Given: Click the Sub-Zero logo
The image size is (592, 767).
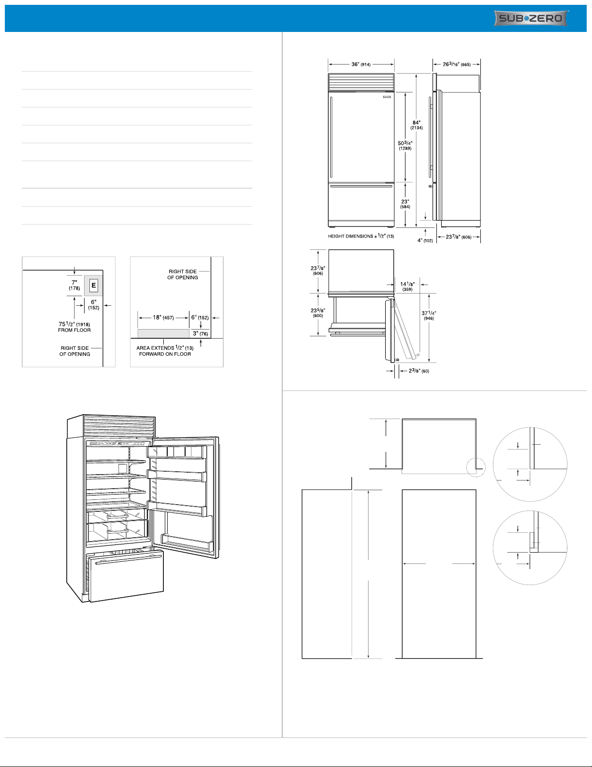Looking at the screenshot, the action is [531, 18].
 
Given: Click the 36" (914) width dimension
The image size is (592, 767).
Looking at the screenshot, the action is [361, 64].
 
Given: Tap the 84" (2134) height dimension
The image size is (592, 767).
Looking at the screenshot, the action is [417, 125].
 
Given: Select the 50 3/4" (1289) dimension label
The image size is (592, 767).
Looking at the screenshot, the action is [405, 146].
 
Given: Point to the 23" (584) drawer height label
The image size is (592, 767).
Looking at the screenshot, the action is [405, 204].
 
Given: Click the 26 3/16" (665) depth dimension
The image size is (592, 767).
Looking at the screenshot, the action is [457, 64].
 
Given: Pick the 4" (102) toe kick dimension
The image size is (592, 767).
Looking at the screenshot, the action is [425, 241].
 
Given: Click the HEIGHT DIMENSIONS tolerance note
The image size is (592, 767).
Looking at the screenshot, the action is [361, 236].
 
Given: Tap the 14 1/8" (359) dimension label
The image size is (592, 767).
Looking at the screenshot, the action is [407, 286].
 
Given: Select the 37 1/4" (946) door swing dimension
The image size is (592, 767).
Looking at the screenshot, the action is [429, 315].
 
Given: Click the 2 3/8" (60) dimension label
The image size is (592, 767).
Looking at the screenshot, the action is [419, 371].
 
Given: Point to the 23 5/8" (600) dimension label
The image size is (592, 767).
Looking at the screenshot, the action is [318, 313].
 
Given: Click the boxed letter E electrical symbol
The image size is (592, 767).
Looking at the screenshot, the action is [93, 285].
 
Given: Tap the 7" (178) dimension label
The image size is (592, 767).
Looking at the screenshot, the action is [74, 285].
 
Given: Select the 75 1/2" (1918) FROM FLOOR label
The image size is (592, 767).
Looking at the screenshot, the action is [74, 327].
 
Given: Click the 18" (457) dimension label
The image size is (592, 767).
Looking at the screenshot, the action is [163, 317].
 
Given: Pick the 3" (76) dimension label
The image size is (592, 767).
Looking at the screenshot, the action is [200, 333].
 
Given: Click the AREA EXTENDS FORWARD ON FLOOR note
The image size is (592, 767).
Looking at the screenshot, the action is [165, 351].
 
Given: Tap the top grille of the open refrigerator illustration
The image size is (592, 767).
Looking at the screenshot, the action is [119, 426].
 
